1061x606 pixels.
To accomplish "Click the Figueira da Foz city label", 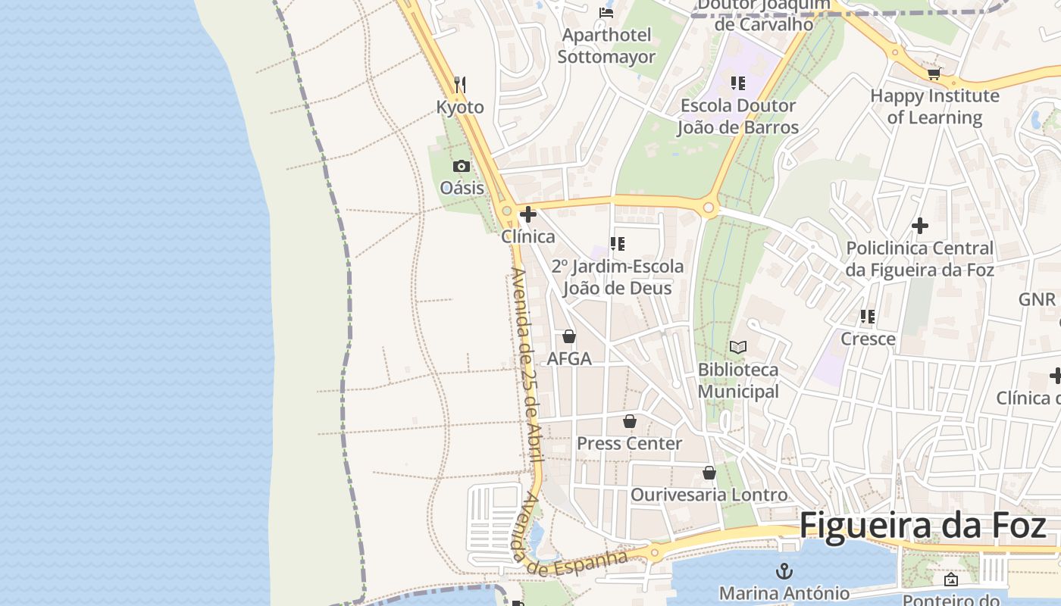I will pos(922,525).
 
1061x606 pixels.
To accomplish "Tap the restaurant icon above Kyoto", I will pos(460,83).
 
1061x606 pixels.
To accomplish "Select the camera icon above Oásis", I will pos(461,166).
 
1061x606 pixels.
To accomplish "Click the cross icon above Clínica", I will pos(528,214).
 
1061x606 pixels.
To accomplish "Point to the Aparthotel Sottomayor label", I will pos(606,46).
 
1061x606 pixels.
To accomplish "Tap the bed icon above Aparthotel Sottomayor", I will pos(606,12).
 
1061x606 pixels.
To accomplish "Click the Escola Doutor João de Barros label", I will pos(737,116).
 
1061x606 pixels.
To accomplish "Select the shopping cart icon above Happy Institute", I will pos(934,73).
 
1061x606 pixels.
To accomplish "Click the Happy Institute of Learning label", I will pos(934,107).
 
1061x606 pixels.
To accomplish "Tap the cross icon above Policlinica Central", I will pos(919,226).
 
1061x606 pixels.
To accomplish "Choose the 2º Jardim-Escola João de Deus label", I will pos(617,277).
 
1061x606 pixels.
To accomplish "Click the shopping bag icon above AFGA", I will pos(569,336).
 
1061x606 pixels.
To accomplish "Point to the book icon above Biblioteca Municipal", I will pos(737,347).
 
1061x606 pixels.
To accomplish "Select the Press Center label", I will pos(629,443).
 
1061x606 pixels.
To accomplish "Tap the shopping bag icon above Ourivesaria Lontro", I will pos(709,473).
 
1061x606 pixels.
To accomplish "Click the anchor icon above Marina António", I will pos(784,570).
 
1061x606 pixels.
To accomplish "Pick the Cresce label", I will pos(868,339).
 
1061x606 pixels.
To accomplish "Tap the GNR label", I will pos(1036,299).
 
